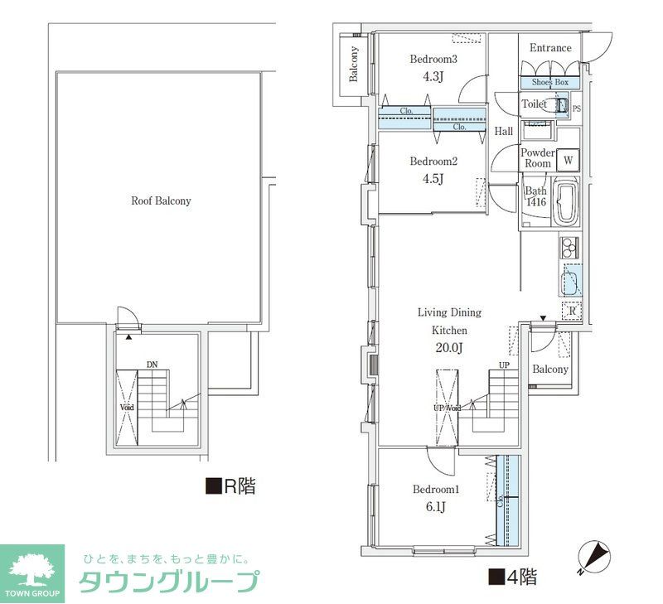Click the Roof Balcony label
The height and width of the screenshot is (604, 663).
[161, 201]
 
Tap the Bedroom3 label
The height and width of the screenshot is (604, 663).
[434, 59]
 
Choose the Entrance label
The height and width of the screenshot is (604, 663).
[550, 47]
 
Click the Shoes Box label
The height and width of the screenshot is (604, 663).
[549, 83]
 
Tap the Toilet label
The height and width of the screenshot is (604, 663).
[534, 104]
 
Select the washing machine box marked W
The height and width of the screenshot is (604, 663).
[569, 160]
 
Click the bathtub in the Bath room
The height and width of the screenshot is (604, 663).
[567, 204]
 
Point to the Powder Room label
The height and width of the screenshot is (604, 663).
[538, 158]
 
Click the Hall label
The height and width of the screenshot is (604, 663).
[503, 131]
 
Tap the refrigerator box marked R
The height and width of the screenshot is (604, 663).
[572, 311]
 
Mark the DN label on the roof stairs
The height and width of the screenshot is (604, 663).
[152, 364]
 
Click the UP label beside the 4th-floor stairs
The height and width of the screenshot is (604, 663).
[503, 365]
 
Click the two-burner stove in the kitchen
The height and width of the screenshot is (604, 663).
[570, 247]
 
